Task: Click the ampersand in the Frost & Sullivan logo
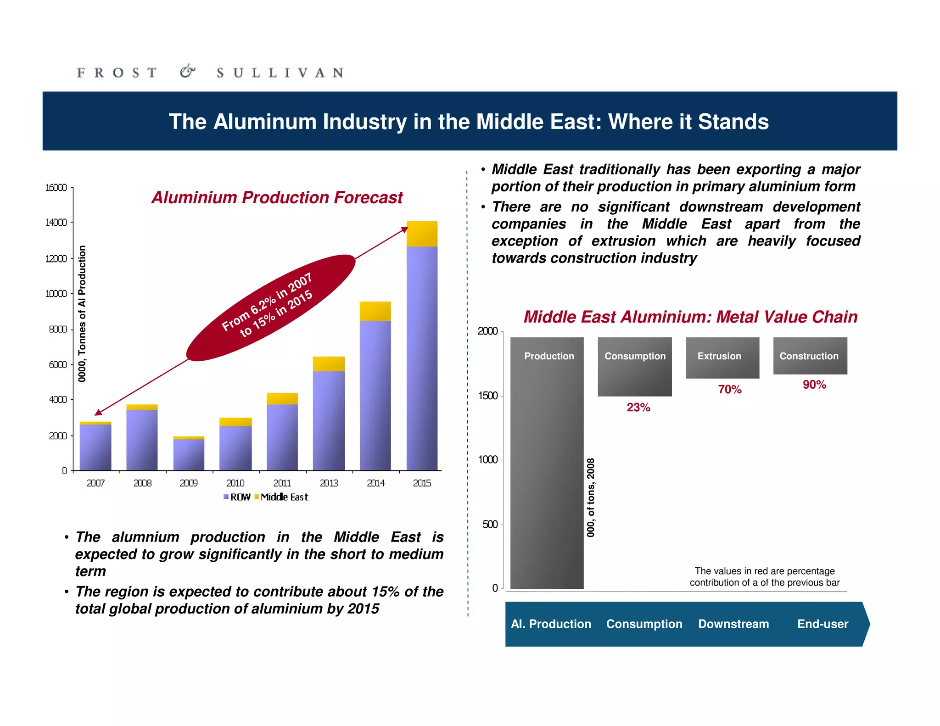pos(187,72)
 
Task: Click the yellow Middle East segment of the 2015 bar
pos(422,234)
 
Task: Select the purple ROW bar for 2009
pos(189,454)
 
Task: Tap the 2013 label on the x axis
pos(329,483)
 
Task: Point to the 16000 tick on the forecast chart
pos(56,188)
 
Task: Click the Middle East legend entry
pos(281,497)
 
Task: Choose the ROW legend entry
pos(237,497)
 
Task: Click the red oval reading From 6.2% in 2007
pos(271,307)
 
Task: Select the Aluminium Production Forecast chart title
pos(277,197)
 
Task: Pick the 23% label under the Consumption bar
pos(638,408)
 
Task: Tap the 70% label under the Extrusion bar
pos(730,390)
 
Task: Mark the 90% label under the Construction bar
pos(814,385)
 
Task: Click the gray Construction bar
pos(810,356)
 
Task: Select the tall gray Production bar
pos(547,464)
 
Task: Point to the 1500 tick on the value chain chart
pos(488,396)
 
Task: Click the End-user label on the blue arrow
pos(822,624)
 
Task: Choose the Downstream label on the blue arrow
pos(733,624)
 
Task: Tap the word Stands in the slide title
pos(733,122)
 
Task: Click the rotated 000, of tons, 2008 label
pos(591,497)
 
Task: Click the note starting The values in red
pos(765,577)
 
